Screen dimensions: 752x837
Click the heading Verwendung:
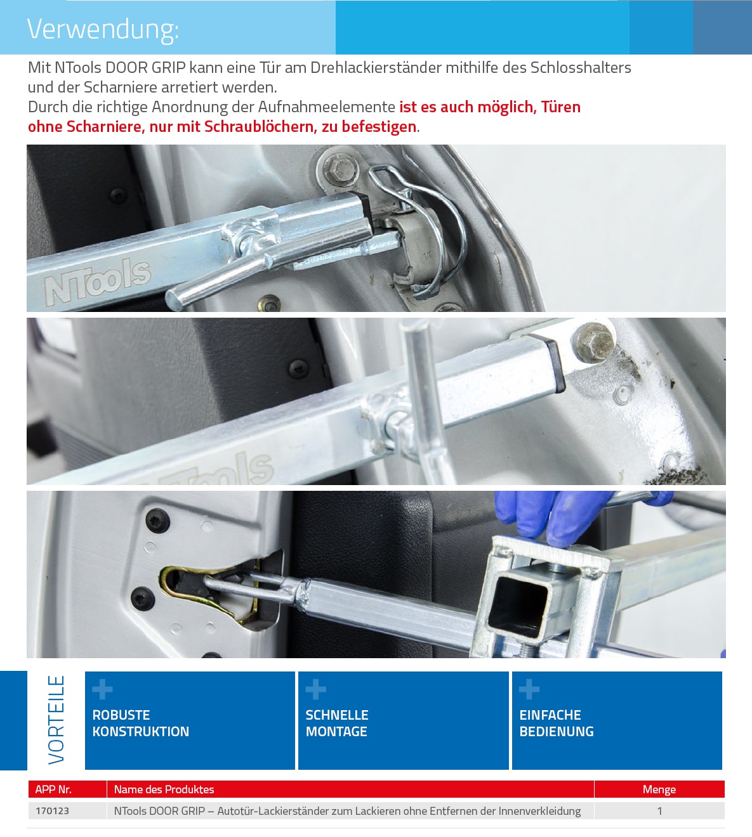pyautogui.click(x=103, y=29)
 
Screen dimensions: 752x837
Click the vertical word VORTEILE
pyautogui.click(x=56, y=720)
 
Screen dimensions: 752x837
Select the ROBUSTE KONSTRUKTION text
pyautogui.click(x=140, y=723)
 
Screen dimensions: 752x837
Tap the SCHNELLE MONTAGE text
pyautogui.click(x=337, y=723)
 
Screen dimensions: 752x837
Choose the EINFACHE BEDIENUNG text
pyautogui.click(x=557, y=723)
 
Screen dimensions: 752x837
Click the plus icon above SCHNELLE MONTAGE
pyautogui.click(x=316, y=689)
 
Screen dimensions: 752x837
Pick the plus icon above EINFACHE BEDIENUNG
pyautogui.click(x=529, y=689)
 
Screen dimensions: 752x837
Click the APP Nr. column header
pyautogui.click(x=53, y=789)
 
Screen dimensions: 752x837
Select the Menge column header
pyautogui.click(x=659, y=789)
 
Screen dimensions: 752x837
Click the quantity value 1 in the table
pyautogui.click(x=660, y=810)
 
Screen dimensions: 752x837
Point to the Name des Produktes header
pyautogui.click(x=164, y=789)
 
